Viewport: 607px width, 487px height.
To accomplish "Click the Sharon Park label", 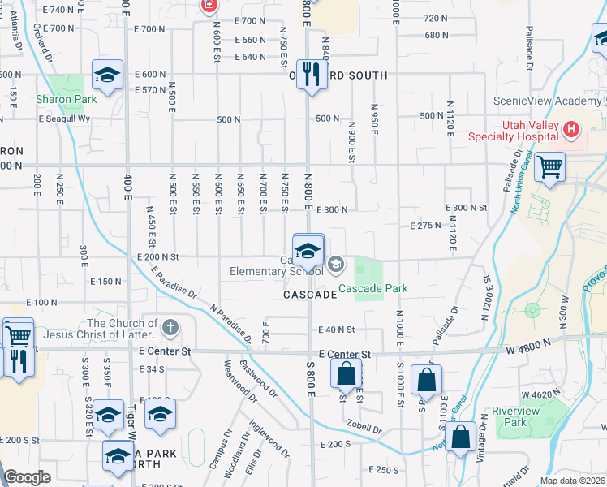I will coord(67,99).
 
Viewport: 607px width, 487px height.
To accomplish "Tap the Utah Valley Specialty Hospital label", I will coord(514,130).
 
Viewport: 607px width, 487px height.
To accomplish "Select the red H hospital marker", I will coord(572,129).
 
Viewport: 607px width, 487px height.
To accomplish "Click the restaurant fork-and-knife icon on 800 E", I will coord(311,75).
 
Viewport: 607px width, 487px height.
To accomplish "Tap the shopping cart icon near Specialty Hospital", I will coord(551,167).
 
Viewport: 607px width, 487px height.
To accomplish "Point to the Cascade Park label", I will coord(372,288).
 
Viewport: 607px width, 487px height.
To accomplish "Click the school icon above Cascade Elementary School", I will coord(308,249).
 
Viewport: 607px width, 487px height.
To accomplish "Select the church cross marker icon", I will coord(169,328).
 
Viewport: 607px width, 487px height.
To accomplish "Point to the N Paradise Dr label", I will coord(227,320).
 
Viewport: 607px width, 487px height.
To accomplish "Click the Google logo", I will coord(27,477).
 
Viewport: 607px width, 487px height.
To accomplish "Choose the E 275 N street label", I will coord(424,226).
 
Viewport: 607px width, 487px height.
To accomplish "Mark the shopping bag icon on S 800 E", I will coord(346,375).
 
